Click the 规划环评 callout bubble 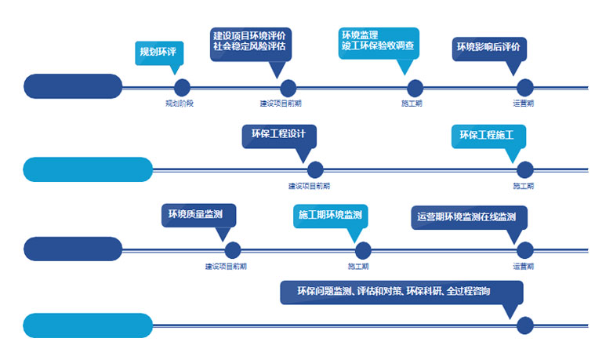point(158,52)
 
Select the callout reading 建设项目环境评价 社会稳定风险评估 point(248,41)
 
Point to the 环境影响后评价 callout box point(488,47)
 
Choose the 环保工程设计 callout point(278,133)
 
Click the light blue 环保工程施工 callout point(488,135)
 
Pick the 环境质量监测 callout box point(198,214)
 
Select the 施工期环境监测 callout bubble point(330,215)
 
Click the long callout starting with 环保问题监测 point(401,292)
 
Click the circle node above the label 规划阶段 point(182,88)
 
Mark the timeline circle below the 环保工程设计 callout point(315,169)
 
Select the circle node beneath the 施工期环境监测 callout point(363,250)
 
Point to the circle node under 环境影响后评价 point(525,88)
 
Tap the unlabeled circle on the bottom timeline point(525,325)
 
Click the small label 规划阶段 point(179,104)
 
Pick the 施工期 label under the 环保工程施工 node point(524,186)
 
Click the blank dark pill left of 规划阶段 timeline point(73,86)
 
